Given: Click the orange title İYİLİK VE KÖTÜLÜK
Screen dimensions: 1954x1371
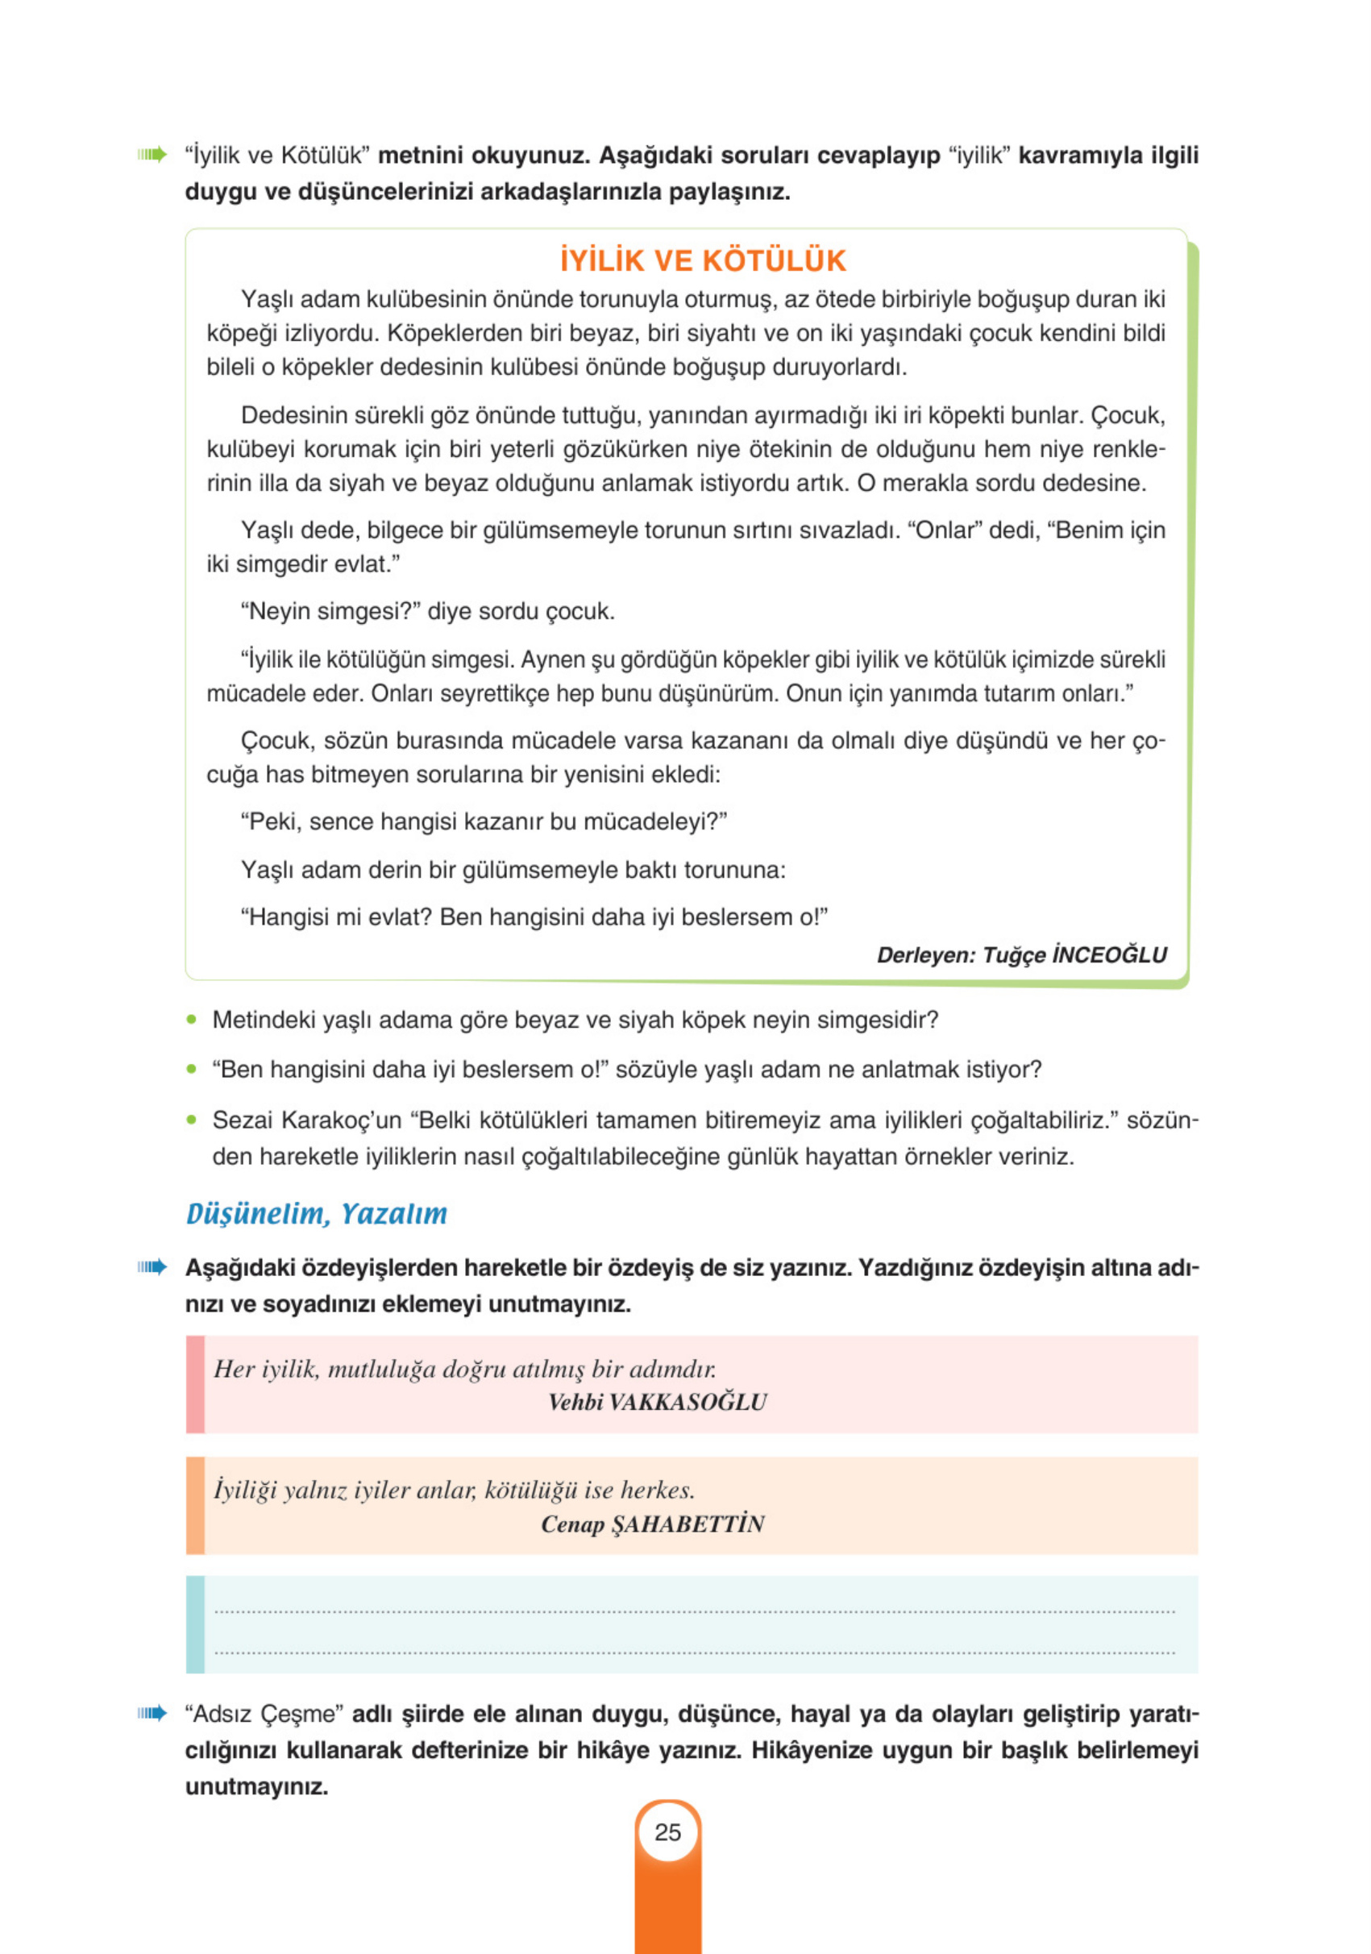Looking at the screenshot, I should [x=702, y=260].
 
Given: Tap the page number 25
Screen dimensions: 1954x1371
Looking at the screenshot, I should [x=667, y=1831].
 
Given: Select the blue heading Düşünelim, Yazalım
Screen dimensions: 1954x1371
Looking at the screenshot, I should [x=317, y=1213].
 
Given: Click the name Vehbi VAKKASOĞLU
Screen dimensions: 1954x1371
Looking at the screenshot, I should [x=657, y=1402].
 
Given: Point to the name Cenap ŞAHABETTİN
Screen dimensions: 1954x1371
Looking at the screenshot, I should [x=652, y=1524].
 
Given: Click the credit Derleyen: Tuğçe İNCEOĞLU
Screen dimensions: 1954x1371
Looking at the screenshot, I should [x=1021, y=955].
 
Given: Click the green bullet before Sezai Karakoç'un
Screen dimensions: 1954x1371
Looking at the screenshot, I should [x=192, y=1120].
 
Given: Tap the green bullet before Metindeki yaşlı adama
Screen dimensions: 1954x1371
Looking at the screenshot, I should [x=192, y=1020].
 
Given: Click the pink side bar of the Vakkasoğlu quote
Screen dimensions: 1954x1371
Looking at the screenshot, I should [x=195, y=1385].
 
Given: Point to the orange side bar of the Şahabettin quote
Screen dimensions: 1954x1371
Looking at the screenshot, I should [x=195, y=1506].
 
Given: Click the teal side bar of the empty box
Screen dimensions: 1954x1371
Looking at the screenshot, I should [x=195, y=1624].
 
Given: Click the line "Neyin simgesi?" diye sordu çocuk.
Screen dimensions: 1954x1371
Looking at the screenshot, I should [x=427, y=611].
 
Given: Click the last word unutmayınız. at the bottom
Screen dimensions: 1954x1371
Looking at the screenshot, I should [x=256, y=1786].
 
